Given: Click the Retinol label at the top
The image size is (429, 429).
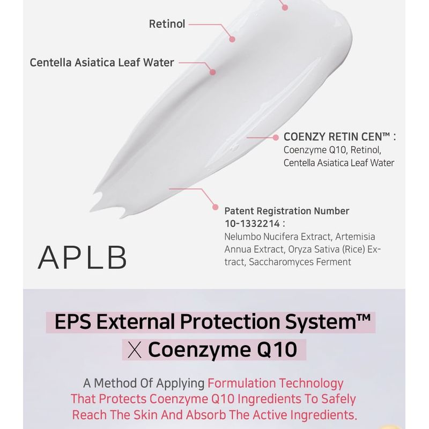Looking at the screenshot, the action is click(167, 24).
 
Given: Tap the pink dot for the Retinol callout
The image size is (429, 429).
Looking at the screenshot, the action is click(232, 39).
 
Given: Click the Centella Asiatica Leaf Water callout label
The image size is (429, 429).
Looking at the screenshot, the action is click(102, 62).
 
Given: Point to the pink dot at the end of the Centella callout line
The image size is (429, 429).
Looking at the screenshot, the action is click(212, 72).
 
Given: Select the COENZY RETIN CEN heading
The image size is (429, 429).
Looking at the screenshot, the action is click(337, 137).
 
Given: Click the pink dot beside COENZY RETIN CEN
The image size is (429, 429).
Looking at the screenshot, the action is click(276, 138).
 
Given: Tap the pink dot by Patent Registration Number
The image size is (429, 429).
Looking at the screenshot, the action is click(216, 207).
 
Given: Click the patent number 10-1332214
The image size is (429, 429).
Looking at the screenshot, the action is click(252, 224).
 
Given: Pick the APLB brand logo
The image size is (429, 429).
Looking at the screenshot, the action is click(83, 257).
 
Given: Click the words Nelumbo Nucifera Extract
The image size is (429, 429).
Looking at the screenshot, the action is click(277, 236).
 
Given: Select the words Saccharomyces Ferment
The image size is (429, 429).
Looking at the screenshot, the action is click(300, 262).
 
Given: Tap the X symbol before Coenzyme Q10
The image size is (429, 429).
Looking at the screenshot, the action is click(135, 350).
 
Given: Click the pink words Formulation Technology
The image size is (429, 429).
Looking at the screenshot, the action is click(276, 383).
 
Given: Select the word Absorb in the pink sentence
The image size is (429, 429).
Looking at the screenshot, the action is click(207, 415).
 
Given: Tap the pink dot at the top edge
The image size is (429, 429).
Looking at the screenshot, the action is click(285, 8).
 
